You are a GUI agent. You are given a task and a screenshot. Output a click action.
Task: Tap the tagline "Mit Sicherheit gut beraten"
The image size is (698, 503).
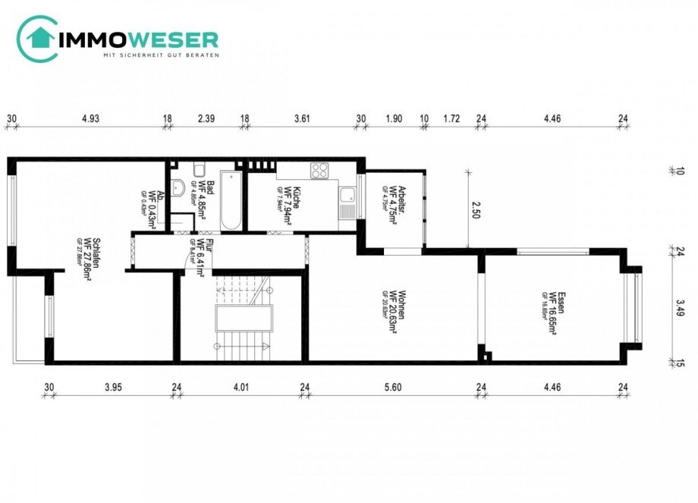[161, 55]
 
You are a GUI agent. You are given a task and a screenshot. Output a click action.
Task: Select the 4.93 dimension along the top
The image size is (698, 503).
[90, 118]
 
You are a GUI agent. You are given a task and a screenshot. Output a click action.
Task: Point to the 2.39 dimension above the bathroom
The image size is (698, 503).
[206, 118]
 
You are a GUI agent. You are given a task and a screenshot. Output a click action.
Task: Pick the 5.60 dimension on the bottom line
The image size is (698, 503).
[392, 387]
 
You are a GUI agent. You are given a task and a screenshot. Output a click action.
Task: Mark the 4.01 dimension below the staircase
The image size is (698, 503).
[241, 387]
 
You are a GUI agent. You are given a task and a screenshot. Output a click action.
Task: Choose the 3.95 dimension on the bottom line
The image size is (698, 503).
[113, 387]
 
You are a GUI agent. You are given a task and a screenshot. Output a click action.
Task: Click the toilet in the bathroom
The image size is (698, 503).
[199, 169]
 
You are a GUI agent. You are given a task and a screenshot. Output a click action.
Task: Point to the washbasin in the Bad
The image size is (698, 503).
[179, 189]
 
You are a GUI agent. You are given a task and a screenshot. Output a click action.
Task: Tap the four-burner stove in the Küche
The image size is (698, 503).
[320, 169]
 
